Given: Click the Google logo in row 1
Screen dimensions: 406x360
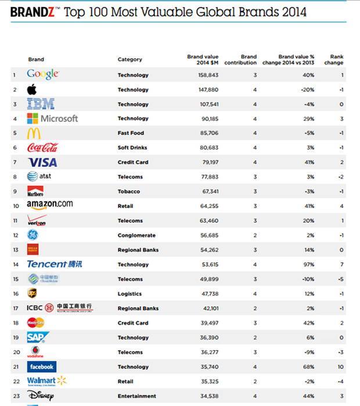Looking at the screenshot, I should (x=42, y=75).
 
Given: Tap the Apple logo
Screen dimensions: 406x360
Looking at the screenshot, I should (x=32, y=89).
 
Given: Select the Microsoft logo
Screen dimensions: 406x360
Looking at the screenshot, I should (x=52, y=118).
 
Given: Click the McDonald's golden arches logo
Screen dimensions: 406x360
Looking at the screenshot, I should (x=34, y=133).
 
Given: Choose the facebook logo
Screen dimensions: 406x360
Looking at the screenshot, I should (x=41, y=367).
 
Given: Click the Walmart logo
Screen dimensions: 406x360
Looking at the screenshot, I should (x=46, y=381).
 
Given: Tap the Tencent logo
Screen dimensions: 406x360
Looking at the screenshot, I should (x=55, y=264).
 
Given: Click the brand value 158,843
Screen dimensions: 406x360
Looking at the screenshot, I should (x=207, y=75).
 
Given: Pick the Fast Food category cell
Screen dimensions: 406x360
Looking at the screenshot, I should (x=131, y=133).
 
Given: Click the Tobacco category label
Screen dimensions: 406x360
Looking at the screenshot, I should (x=129, y=191).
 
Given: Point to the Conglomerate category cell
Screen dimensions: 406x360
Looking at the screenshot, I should (x=136, y=235).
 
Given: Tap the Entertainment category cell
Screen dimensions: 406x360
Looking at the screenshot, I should (x=137, y=396).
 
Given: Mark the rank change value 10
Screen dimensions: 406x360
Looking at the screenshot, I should (x=340, y=367).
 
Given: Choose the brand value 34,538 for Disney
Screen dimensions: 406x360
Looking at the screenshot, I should (x=207, y=396).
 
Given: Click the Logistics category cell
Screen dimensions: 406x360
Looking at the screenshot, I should (x=129, y=294).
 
